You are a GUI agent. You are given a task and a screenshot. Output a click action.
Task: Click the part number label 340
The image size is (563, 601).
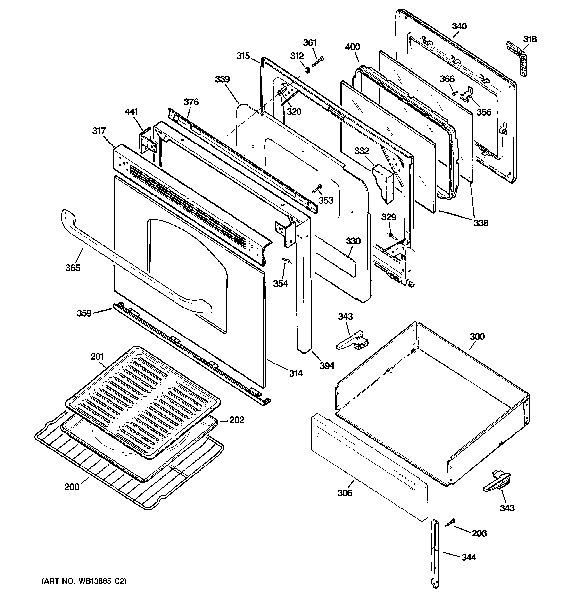click(459, 26)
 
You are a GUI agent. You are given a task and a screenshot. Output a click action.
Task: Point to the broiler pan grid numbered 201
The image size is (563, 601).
click(142, 399)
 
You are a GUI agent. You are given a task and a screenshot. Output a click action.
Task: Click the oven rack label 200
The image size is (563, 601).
click(72, 495)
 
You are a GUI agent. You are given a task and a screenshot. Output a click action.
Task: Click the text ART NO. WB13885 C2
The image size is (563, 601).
click(84, 581)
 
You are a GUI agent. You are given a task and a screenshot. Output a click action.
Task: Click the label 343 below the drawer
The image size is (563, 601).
click(507, 508)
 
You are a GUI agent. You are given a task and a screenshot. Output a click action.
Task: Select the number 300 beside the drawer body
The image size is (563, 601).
click(477, 337)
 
